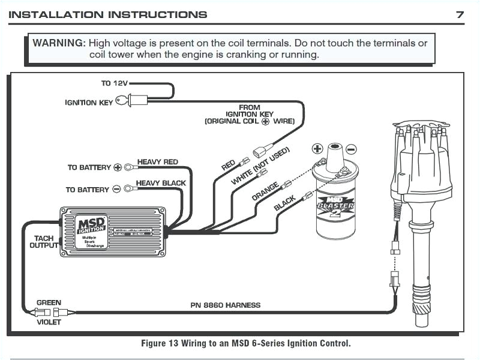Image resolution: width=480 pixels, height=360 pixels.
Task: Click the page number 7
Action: click(x=460, y=14)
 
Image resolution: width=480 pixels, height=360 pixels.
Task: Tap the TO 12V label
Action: click(x=114, y=83)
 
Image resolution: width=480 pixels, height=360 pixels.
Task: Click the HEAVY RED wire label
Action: click(x=157, y=162)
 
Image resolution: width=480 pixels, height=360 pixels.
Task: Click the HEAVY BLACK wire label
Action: click(x=160, y=183)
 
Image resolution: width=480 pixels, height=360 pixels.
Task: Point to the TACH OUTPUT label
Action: click(x=43, y=242)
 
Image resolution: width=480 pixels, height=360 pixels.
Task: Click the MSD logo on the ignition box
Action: click(x=92, y=226)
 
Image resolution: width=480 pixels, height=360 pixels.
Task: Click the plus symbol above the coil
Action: click(x=317, y=148)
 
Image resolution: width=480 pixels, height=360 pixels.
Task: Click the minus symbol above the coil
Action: click(x=351, y=149)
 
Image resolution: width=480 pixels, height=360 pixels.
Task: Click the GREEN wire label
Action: click(x=49, y=302)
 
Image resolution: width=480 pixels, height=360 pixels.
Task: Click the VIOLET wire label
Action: click(x=49, y=321)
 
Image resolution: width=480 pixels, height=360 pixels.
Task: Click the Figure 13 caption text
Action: click(x=245, y=344)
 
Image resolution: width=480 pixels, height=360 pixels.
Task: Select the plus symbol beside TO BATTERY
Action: click(x=118, y=167)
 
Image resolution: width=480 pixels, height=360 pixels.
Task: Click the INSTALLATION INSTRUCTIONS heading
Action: click(x=108, y=14)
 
